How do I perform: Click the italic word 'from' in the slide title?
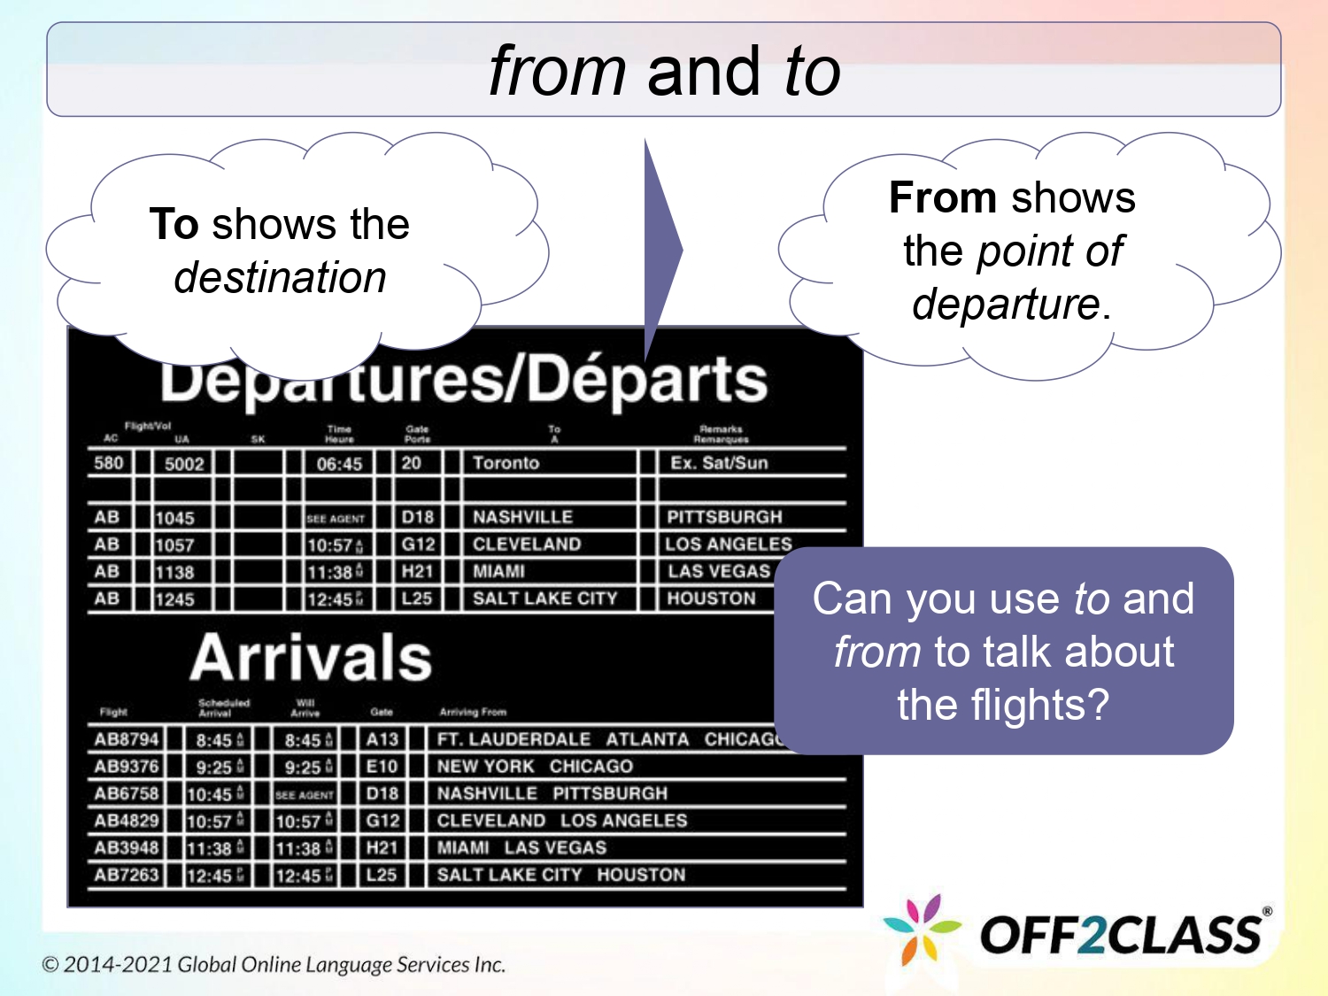[x=558, y=71]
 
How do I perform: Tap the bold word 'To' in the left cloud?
[x=174, y=224]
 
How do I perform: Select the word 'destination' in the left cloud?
[x=280, y=277]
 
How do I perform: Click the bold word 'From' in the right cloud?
[x=943, y=197]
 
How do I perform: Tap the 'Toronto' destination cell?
[x=506, y=462]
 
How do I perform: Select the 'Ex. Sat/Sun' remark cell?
[x=719, y=462]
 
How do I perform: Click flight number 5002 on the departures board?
[x=184, y=463]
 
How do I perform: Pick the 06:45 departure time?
[x=339, y=463]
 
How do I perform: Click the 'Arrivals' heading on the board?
[x=311, y=657]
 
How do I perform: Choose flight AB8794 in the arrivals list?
[x=127, y=739]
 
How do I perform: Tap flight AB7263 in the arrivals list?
[x=127, y=875]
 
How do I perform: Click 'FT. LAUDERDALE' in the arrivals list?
[x=513, y=739]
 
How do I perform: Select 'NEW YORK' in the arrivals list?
[x=485, y=767]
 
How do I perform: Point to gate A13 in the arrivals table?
[x=382, y=739]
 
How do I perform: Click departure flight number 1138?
[x=174, y=572]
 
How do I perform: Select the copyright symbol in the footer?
[x=50, y=964]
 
